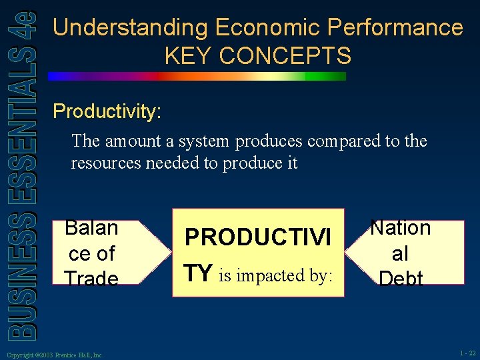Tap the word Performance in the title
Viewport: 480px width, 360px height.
pyautogui.click(x=394, y=28)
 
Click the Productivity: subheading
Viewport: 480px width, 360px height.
pyautogui.click(x=107, y=111)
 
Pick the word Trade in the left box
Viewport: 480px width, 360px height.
pyautogui.click(x=91, y=279)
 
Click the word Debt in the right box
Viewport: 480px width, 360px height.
pyautogui.click(x=401, y=279)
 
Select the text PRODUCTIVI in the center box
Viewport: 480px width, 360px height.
pyautogui.click(x=257, y=237)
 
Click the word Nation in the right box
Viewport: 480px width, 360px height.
pyautogui.click(x=401, y=228)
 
